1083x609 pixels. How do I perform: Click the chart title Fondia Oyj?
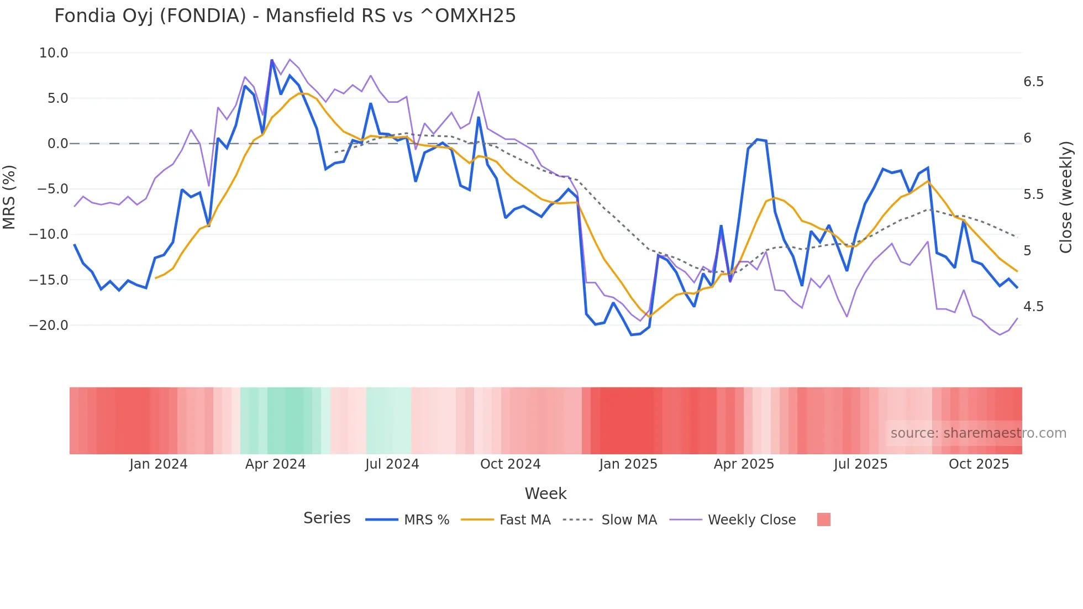pos(285,16)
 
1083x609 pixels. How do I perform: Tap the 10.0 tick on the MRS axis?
pos(54,53)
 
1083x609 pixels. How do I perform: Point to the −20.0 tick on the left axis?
pos(49,326)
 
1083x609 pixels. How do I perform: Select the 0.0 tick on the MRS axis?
pos(57,144)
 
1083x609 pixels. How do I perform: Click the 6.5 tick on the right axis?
pos(1033,82)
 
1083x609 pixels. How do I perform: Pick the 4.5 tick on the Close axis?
pos(1033,307)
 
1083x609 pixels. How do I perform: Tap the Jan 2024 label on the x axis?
pos(159,464)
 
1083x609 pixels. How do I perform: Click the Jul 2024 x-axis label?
pos(392,464)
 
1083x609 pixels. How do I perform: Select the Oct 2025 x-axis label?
pos(979,464)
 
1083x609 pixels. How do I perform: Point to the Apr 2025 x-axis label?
pos(744,464)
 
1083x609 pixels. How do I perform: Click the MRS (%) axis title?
pos(9,197)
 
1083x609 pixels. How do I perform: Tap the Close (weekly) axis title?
pos(1066,197)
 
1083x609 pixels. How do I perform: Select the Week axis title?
pos(545,494)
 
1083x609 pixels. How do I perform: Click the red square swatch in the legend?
pos(823,519)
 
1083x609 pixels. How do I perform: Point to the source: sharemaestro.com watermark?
pos(978,433)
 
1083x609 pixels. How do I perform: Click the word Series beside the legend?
pos(327,518)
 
